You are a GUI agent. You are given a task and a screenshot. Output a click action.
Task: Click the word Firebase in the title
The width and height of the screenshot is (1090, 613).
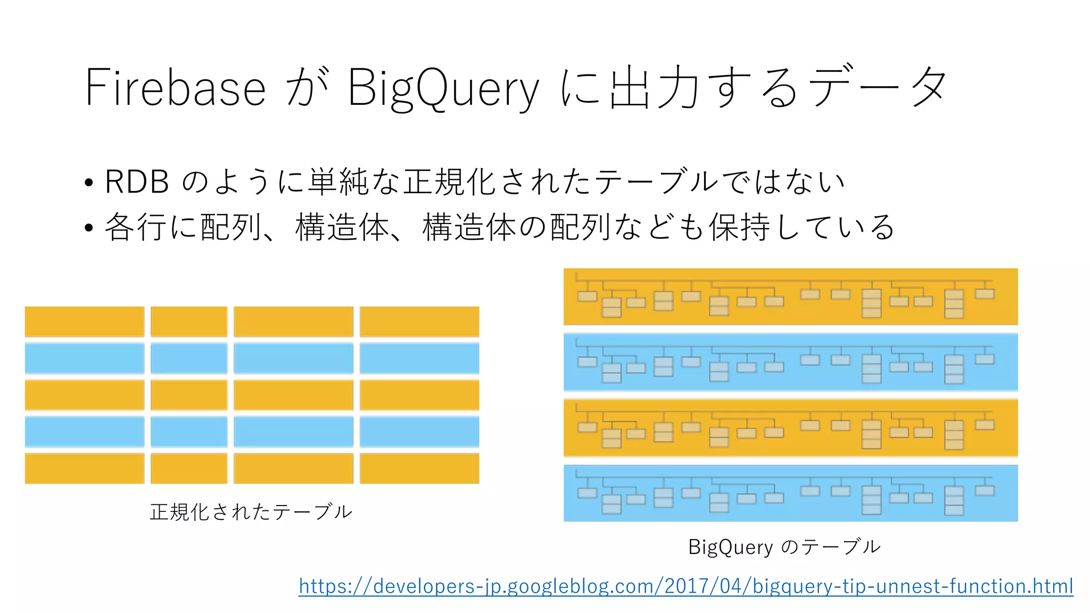point(175,87)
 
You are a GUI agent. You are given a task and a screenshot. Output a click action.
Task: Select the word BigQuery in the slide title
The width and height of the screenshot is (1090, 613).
point(443,88)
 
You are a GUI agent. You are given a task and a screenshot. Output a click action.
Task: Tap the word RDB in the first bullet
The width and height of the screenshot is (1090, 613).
point(137,181)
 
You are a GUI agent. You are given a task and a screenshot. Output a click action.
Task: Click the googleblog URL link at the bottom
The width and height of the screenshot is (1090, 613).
point(686,586)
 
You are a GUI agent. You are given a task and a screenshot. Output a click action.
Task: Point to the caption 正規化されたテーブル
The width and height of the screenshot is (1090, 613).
point(251,512)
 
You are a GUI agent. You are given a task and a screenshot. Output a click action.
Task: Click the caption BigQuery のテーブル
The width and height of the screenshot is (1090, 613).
point(784,547)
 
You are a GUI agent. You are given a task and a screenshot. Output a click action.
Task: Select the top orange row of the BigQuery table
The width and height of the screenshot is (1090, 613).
point(790,297)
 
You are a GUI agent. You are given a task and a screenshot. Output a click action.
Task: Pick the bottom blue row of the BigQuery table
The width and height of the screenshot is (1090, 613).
point(790,493)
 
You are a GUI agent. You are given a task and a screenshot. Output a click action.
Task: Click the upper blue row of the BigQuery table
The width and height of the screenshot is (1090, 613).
point(790,362)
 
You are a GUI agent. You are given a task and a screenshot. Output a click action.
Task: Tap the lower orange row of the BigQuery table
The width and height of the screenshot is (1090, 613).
point(790,428)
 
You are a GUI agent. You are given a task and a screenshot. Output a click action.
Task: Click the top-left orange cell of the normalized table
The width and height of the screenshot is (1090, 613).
point(85,321)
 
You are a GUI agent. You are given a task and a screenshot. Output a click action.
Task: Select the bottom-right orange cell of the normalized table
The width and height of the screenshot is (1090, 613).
point(419,468)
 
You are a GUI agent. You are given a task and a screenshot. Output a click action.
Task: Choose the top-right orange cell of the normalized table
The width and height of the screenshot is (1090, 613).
point(419,321)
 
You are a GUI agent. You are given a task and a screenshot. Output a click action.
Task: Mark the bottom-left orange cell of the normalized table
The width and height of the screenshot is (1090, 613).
point(85,468)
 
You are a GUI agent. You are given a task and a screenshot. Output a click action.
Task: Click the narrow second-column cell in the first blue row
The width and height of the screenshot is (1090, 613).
point(189,358)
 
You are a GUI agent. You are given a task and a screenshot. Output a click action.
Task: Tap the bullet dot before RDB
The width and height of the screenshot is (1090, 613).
point(89,183)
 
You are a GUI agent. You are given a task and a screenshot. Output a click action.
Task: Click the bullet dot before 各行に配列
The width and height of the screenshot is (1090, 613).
point(89,228)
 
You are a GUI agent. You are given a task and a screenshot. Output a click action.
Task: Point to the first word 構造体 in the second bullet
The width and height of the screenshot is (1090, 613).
point(343,227)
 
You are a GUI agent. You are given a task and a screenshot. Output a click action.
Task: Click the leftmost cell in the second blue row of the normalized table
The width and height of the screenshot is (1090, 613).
point(85,432)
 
